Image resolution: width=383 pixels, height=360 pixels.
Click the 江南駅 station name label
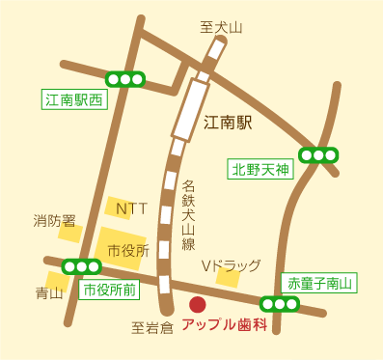(228, 123)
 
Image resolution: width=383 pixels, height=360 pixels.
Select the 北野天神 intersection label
(260, 170)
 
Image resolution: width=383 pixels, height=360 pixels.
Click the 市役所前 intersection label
(108, 289)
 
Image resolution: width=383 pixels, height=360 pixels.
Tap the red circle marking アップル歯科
(198, 305)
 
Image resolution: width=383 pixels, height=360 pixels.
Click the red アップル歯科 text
(223, 325)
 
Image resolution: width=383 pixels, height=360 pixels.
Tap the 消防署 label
(54, 220)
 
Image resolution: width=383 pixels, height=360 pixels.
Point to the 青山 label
(48, 292)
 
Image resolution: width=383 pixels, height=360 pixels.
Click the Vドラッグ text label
(231, 264)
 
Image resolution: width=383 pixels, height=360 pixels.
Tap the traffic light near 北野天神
(317, 154)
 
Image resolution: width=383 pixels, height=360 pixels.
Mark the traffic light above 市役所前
(81, 266)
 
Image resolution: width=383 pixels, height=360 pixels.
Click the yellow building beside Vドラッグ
(228, 278)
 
